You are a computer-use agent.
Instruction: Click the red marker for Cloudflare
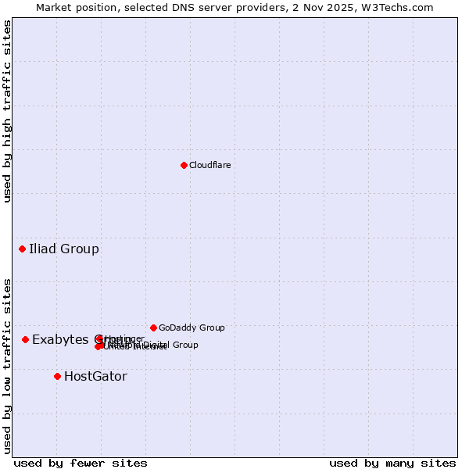[x=184, y=165]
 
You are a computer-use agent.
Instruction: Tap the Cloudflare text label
[x=209, y=165]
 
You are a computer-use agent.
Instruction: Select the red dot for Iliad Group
[x=22, y=249]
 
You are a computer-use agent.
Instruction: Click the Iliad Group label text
[x=64, y=249]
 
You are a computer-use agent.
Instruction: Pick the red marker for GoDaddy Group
[x=153, y=328]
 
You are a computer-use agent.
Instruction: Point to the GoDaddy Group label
[x=192, y=328]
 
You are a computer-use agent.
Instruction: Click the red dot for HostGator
[x=57, y=376]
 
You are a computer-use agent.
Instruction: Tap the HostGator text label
[x=95, y=377]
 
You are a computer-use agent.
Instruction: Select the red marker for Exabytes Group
[x=25, y=339]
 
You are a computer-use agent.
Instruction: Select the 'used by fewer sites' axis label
[x=81, y=463]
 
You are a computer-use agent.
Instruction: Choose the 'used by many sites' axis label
[x=392, y=463]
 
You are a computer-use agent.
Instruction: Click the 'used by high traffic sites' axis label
[x=8, y=111]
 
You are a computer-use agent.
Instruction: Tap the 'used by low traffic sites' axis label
[x=8, y=365]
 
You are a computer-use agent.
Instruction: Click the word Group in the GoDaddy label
[x=211, y=328]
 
